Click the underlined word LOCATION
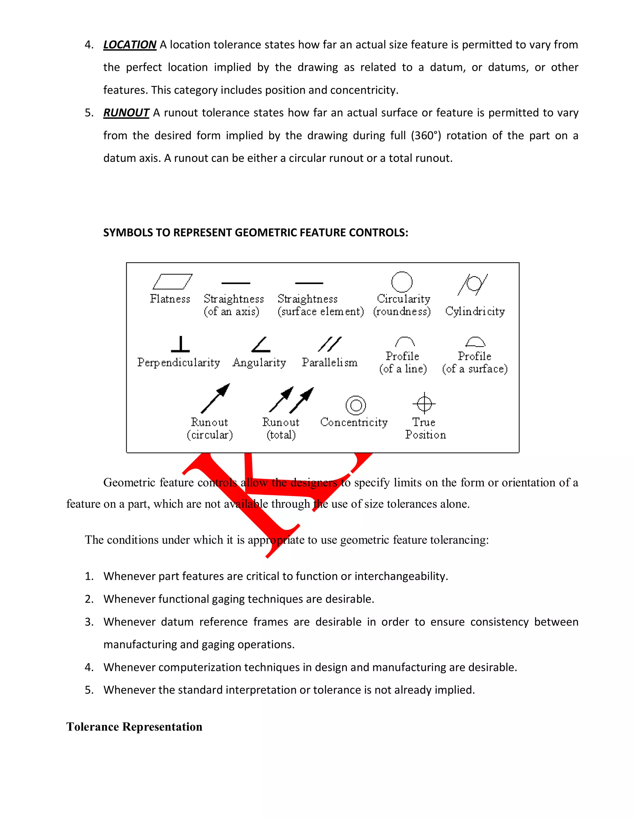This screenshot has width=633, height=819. (130, 45)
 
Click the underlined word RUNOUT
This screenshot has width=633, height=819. (126, 112)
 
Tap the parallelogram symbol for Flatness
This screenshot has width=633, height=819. (172, 281)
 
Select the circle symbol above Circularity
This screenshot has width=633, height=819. (401, 282)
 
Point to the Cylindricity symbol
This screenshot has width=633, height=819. (473, 284)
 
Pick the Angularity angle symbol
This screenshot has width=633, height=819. (261, 345)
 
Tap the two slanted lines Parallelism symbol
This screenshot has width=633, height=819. (329, 344)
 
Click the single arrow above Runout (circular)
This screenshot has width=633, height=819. (215, 398)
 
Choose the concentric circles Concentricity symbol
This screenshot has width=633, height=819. (355, 405)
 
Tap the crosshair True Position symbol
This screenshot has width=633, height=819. (424, 404)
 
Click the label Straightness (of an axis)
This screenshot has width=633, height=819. (233, 305)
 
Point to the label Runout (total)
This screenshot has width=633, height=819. (281, 428)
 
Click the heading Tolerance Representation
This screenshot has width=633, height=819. (134, 727)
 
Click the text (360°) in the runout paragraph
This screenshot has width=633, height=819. (426, 135)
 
